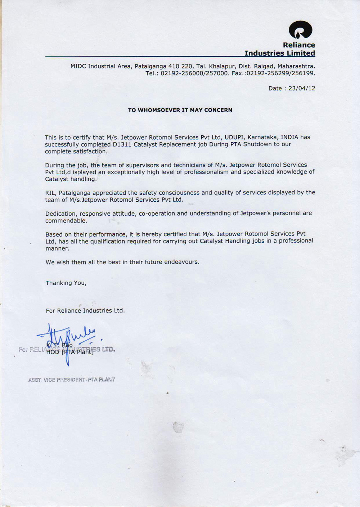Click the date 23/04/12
[302, 88]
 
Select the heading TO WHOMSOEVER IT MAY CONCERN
[180, 110]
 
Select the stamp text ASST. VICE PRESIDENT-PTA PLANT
[72, 380]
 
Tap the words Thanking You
[66, 283]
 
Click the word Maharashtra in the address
[296, 66]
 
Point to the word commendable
[66, 221]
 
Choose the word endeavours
[181, 262]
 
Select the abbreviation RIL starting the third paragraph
[50, 193]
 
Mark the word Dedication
[60, 214]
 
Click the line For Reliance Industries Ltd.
[85, 310]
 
